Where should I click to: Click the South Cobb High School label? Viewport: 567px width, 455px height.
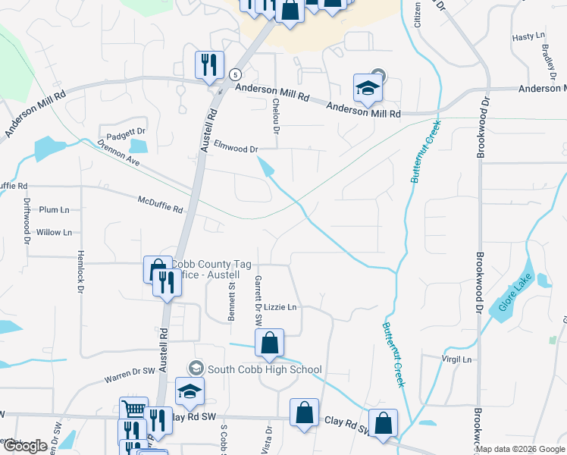click(x=265, y=369)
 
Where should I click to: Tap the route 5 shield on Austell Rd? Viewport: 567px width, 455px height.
click(x=236, y=74)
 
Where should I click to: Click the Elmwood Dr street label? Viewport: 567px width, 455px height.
click(x=237, y=149)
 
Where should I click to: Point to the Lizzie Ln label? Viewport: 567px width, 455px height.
click(x=280, y=307)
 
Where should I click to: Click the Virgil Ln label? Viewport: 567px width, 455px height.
click(x=457, y=359)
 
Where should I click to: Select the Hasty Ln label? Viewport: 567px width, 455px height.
click(x=524, y=37)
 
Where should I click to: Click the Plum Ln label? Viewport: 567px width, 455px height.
click(x=54, y=209)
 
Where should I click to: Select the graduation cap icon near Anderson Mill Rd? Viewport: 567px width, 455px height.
click(x=368, y=87)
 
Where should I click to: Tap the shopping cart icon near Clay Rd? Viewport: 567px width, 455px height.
click(x=133, y=410)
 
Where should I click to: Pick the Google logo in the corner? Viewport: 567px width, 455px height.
click(x=25, y=446)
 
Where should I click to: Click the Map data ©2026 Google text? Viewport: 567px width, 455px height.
click(x=520, y=449)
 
